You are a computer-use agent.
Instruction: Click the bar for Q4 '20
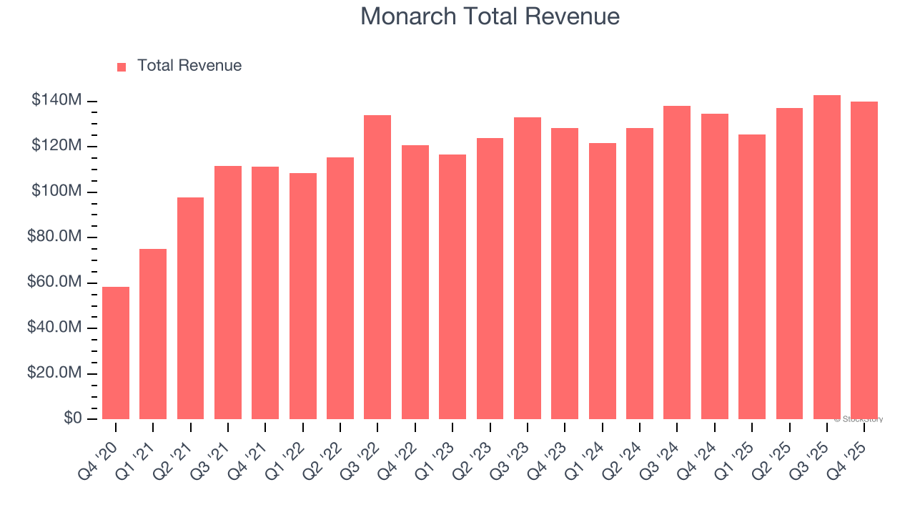pyautogui.click(x=116, y=353)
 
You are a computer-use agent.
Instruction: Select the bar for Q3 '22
pyautogui.click(x=377, y=267)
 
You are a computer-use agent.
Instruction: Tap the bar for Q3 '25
pyautogui.click(x=827, y=257)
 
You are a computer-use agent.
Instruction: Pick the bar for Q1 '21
pyautogui.click(x=153, y=334)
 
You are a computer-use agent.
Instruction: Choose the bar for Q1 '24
pyautogui.click(x=603, y=281)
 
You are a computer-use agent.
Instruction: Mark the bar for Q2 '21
pyautogui.click(x=190, y=308)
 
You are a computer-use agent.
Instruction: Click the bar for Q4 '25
pyautogui.click(x=864, y=260)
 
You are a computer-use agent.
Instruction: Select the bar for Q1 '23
pyautogui.click(x=452, y=287)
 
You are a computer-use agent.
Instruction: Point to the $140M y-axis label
pyautogui.click(x=56, y=101)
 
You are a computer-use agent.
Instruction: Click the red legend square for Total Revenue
pyautogui.click(x=122, y=67)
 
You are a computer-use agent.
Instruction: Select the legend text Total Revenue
pyautogui.click(x=189, y=66)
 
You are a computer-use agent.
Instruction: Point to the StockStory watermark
pyautogui.click(x=859, y=419)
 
